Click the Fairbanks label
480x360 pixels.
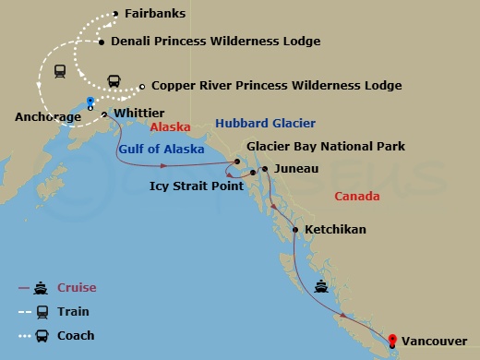(153, 14)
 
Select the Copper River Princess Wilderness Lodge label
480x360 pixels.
(276, 85)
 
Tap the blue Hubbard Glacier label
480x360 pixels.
(265, 123)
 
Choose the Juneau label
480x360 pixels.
(296, 169)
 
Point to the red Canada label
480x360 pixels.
(358, 197)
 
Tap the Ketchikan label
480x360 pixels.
(335, 230)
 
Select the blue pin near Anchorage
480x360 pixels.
(90, 101)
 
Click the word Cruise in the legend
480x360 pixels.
(78, 288)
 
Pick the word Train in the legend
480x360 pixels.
(74, 312)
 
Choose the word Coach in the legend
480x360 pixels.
(77, 336)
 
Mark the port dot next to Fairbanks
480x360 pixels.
(115, 14)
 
